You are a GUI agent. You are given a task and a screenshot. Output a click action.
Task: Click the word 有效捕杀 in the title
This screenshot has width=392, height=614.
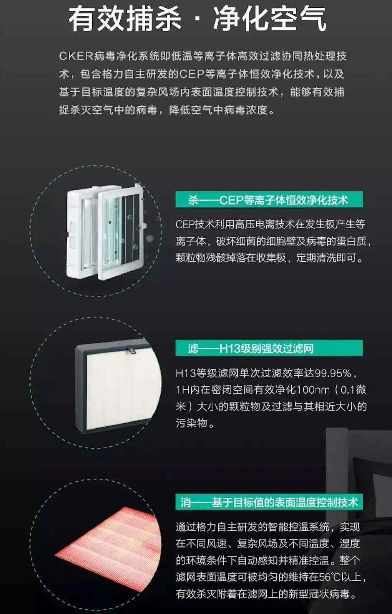pos(125,19)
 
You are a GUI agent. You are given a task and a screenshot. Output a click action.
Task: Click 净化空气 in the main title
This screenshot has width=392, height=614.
pos(269,19)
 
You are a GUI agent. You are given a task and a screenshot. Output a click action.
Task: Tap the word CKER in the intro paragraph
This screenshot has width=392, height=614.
pos(76,56)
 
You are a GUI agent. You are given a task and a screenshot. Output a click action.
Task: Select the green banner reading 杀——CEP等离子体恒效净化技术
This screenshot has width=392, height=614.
pos(269,200)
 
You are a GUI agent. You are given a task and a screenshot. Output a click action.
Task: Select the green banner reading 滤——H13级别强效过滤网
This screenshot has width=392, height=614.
pos(269,348)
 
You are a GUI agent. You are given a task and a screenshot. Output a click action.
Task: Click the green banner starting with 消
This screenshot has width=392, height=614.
pos(269,502)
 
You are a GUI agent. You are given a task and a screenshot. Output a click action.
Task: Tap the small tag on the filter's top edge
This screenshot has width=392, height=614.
pos(131,349)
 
